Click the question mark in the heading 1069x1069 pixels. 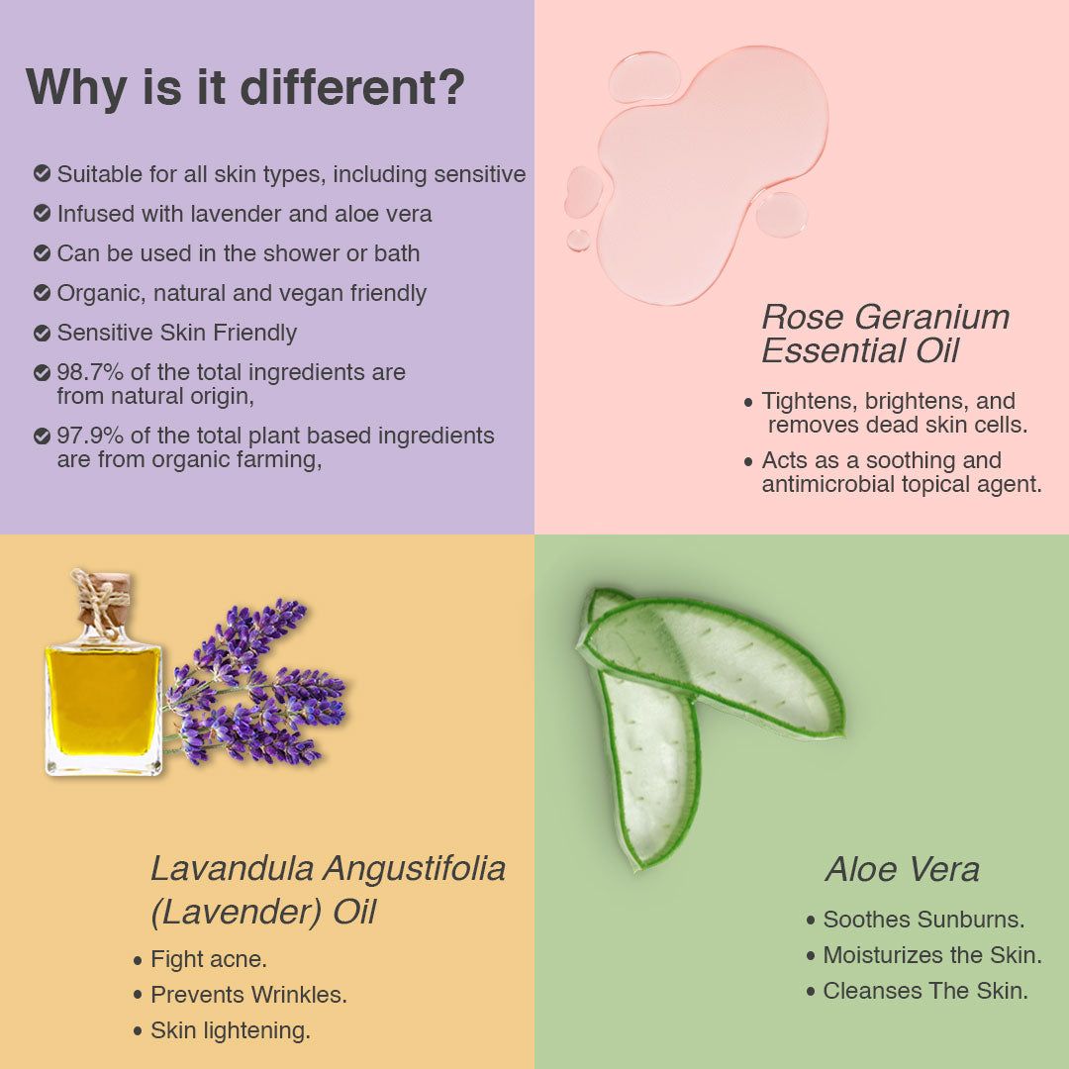point(450,87)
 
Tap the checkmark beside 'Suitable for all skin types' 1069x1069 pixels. point(42,174)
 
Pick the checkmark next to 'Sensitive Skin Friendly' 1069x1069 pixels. point(42,333)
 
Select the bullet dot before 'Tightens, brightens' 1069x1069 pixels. point(748,403)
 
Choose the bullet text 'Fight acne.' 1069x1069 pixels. point(209,959)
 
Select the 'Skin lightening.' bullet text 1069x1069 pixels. point(231,1030)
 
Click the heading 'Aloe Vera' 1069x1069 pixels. point(902,869)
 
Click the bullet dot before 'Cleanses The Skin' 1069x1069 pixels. point(811,991)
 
